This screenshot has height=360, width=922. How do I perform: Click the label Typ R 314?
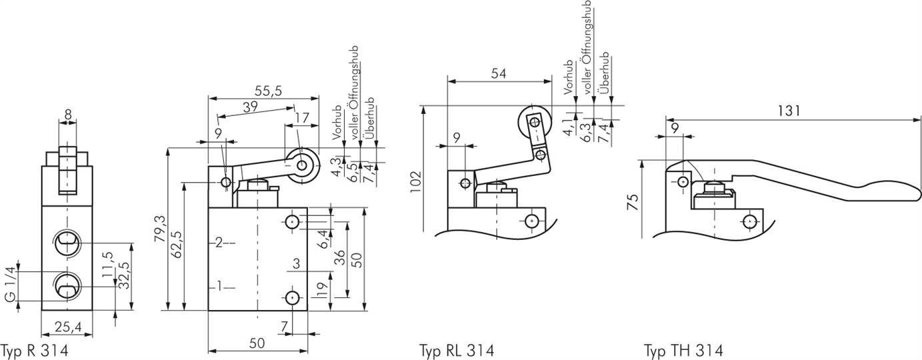point(35,350)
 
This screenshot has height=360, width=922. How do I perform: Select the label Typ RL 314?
point(457,350)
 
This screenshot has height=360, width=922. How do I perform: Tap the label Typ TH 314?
point(683,350)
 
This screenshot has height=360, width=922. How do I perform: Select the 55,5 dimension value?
point(268,89)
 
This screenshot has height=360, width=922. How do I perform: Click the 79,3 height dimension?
point(158,229)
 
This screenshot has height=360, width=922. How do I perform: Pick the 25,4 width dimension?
point(67,326)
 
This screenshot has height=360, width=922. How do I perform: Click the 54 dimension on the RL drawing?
point(499,73)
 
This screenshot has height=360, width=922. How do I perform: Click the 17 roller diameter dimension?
point(301,118)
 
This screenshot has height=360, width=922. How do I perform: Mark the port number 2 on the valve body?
point(218,243)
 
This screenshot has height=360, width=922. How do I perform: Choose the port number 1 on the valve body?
point(218,287)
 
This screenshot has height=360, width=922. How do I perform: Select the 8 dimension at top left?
point(67,114)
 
